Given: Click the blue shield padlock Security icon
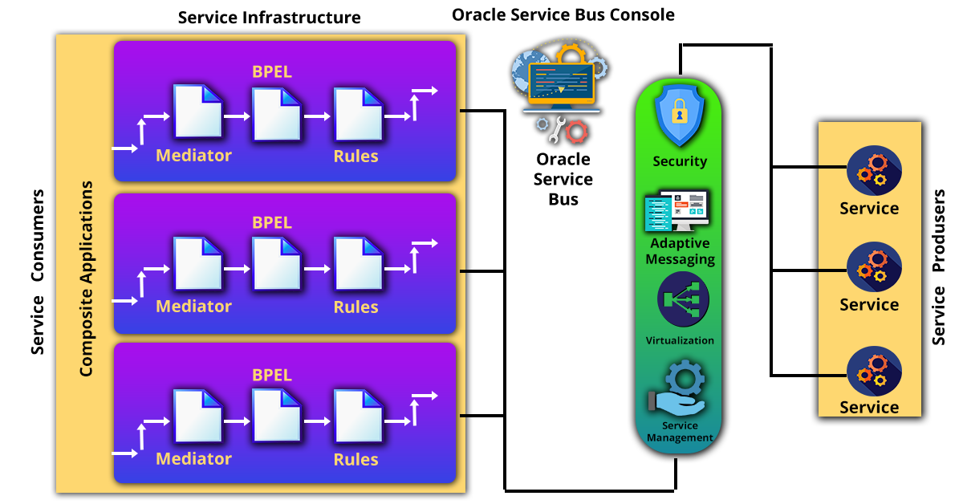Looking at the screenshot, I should pyautogui.click(x=679, y=116).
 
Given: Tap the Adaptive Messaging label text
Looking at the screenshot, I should pyautogui.click(x=680, y=251).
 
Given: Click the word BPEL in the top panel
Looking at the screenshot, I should pyautogui.click(x=272, y=71).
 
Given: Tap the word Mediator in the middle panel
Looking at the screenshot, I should pyautogui.click(x=193, y=307).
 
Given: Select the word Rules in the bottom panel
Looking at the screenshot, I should pyautogui.click(x=356, y=459).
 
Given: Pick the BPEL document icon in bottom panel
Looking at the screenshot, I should pyautogui.click(x=276, y=416).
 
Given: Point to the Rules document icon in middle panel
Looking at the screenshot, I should pyautogui.click(x=357, y=264).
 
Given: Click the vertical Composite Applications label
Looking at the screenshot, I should pyautogui.click(x=87, y=278).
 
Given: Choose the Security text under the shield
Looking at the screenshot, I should pyautogui.click(x=680, y=161).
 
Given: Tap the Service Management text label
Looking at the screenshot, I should pyautogui.click(x=680, y=432).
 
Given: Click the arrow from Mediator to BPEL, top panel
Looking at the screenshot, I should pyautogui.click(x=237, y=116).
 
